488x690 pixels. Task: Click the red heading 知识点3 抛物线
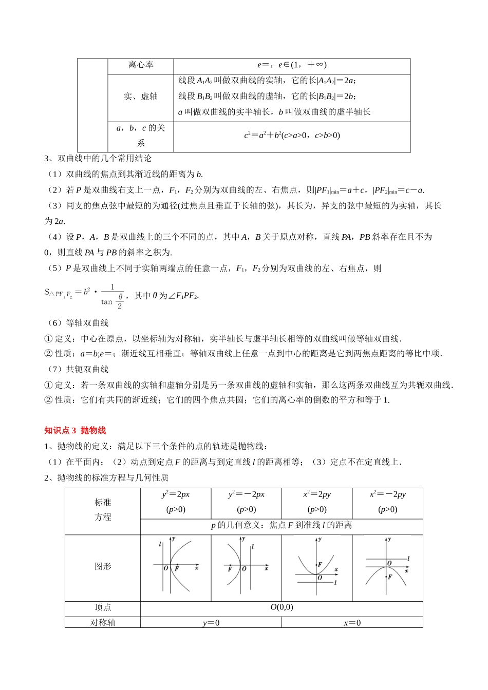75,430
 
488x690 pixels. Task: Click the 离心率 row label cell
141,65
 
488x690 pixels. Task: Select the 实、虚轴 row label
141,97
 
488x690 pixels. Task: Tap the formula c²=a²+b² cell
292,136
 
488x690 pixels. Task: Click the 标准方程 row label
103,510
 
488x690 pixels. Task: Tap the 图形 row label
103,566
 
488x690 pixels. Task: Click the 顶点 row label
103,607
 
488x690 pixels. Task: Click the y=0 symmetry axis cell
211,623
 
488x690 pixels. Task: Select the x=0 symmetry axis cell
352,623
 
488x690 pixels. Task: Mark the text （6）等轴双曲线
78,323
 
